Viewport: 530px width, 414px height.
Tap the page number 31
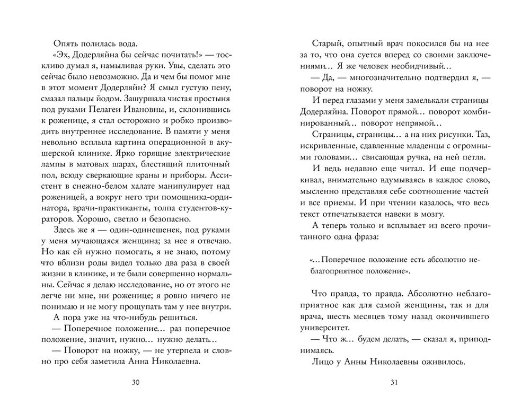point(393,383)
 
